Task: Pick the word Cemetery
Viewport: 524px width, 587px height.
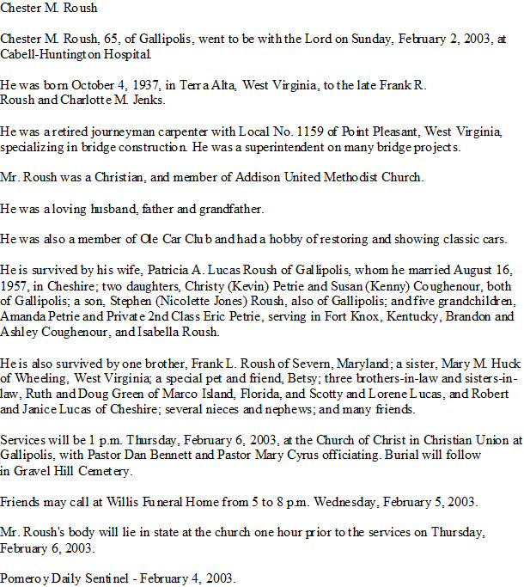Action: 105,471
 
